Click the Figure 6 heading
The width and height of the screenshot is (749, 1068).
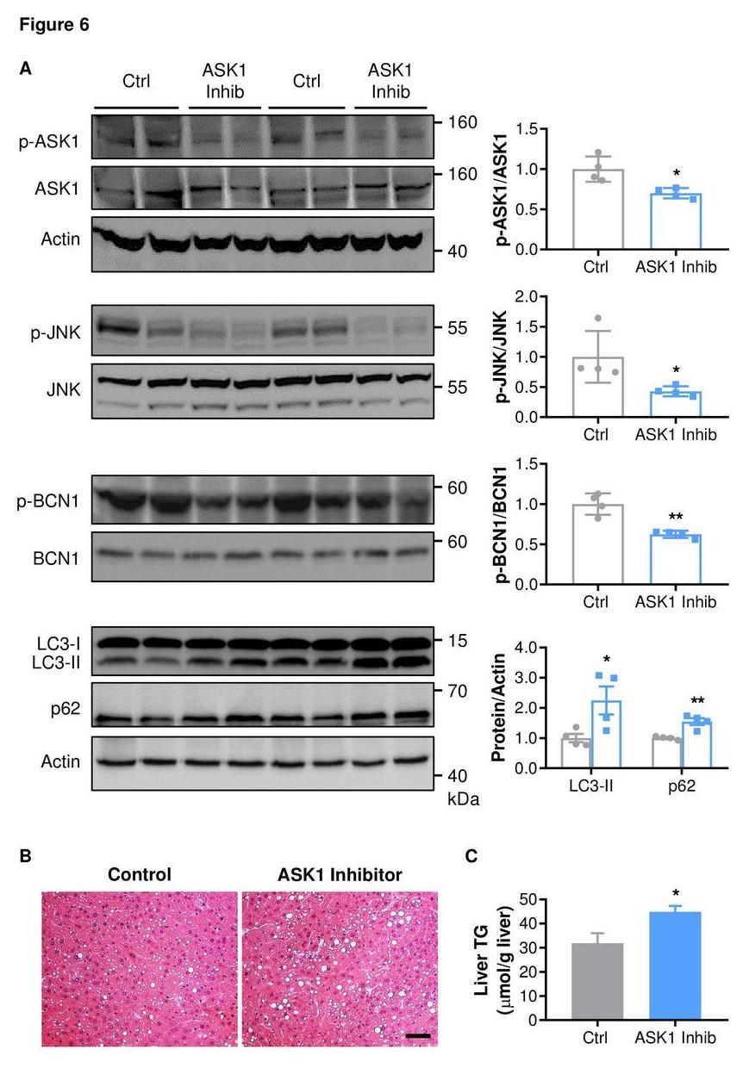tap(53, 26)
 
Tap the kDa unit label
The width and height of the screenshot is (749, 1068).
tap(463, 798)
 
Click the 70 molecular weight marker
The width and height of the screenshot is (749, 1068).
tap(457, 691)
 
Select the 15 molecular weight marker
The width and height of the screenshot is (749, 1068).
tap(456, 640)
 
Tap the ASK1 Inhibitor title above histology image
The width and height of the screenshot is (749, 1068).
tap(340, 874)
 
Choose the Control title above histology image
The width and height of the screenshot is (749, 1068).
tap(140, 874)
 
